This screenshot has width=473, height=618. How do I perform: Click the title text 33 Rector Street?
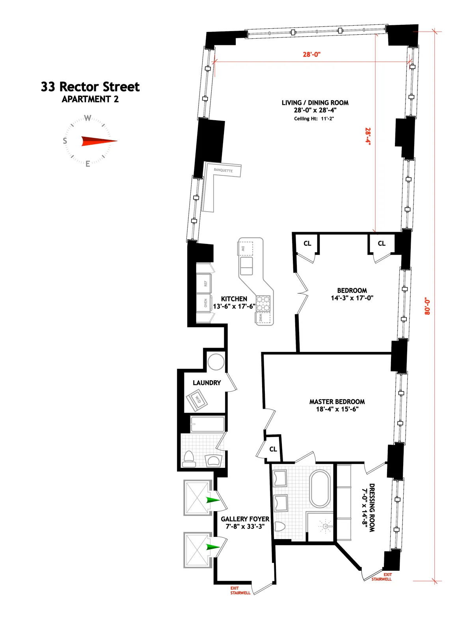pyautogui.click(x=90, y=87)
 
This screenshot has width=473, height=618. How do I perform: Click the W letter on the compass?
pyautogui.click(x=88, y=118)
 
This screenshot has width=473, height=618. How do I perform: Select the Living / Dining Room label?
pyautogui.click(x=315, y=103)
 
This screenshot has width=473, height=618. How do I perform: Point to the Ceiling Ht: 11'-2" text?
pyautogui.click(x=314, y=119)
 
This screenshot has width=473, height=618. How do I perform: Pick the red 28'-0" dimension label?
pyautogui.click(x=311, y=54)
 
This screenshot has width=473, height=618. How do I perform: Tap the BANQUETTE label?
pyautogui.click(x=223, y=170)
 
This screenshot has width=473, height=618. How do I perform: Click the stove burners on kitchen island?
pyautogui.click(x=263, y=303)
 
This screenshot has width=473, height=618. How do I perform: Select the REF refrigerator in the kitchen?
pyautogui.click(x=204, y=283)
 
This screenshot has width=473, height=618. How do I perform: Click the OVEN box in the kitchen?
pyautogui.click(x=204, y=303)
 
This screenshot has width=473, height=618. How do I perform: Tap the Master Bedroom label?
pyautogui.click(x=337, y=402)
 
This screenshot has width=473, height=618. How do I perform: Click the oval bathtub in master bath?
pyautogui.click(x=320, y=488)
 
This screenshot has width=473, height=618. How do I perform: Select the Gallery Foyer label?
pyautogui.click(x=245, y=519)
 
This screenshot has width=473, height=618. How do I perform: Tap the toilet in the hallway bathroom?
pyautogui.click(x=190, y=459)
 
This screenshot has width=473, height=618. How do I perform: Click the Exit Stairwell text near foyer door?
pyautogui.click(x=240, y=590)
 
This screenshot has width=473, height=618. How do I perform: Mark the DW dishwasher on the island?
pyautogui.click(x=244, y=249)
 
